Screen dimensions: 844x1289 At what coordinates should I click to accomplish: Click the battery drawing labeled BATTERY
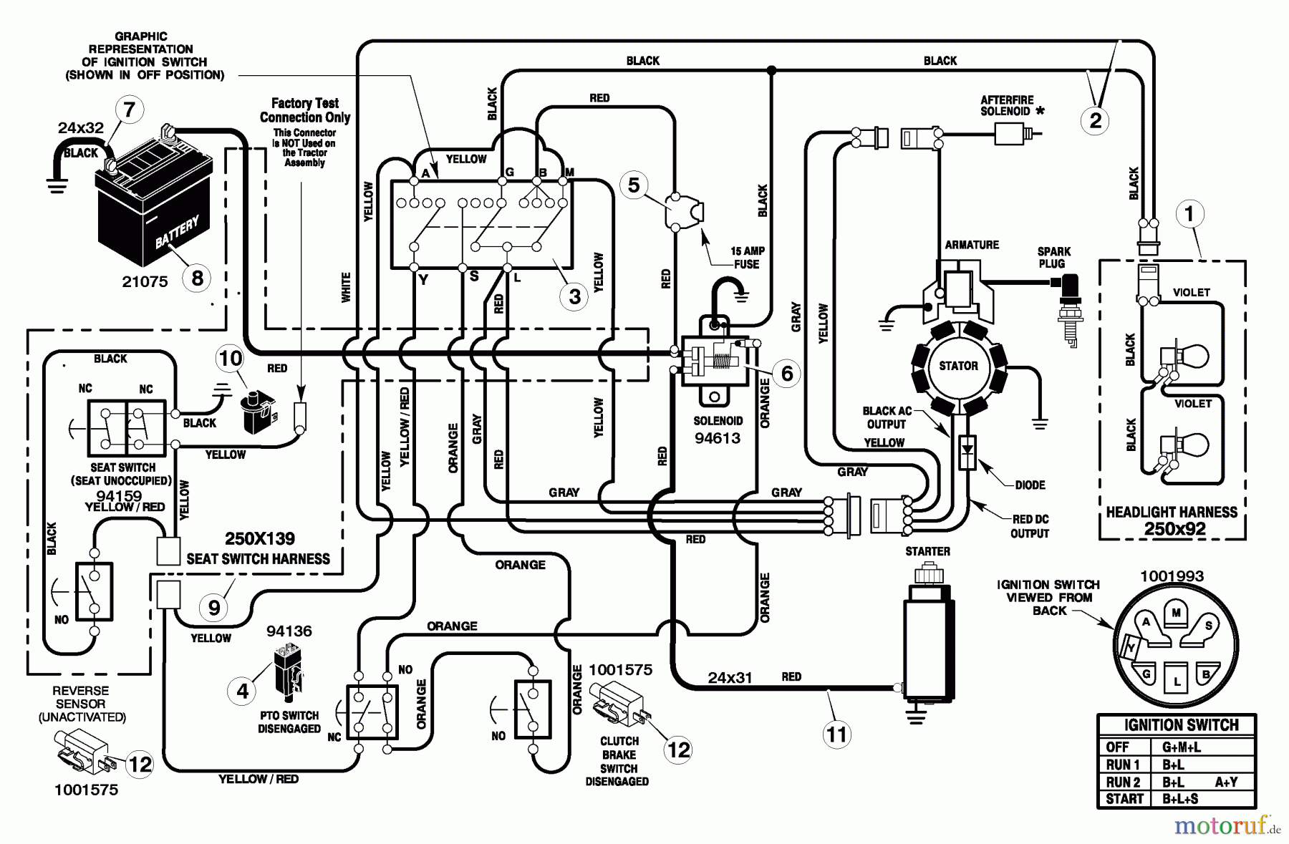click(x=154, y=208)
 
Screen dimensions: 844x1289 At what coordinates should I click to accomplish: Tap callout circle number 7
click(x=130, y=110)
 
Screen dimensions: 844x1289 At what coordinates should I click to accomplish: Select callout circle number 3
click(x=574, y=296)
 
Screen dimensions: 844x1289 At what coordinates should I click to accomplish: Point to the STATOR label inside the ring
click(x=958, y=366)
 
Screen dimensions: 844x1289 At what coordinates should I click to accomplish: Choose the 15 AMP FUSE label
click(x=746, y=258)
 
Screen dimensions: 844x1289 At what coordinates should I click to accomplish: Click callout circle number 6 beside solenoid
click(x=787, y=373)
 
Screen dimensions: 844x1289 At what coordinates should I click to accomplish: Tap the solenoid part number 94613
click(x=718, y=438)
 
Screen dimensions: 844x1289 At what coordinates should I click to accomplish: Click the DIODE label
click(x=1030, y=485)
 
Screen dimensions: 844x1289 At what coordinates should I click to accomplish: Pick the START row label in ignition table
click(x=1124, y=799)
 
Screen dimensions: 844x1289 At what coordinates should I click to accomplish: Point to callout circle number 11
click(x=836, y=734)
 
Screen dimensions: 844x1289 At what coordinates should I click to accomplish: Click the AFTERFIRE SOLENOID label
click(x=1007, y=106)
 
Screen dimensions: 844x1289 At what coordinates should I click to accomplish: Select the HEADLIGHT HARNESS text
click(x=1172, y=513)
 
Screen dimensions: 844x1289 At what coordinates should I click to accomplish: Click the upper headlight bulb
click(x=1189, y=356)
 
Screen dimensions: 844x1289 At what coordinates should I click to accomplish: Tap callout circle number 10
click(x=231, y=357)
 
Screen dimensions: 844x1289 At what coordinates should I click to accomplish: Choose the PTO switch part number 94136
click(x=289, y=631)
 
